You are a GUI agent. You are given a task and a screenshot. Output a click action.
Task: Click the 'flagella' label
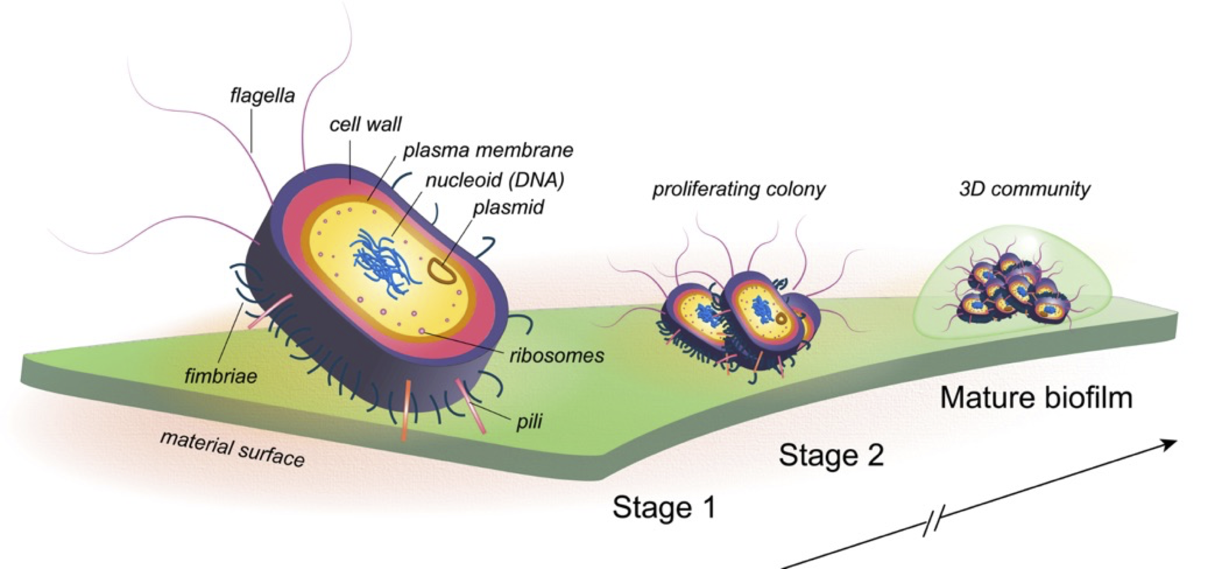point(263,96)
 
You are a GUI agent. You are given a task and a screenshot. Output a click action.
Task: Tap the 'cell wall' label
point(365,124)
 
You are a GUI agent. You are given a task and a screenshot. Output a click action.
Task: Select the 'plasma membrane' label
point(488,150)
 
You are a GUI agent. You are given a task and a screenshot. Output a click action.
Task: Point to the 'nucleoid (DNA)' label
point(495,180)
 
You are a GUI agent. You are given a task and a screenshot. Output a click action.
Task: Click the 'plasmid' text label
point(509,207)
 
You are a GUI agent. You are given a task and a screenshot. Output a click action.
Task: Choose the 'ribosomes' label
point(557,356)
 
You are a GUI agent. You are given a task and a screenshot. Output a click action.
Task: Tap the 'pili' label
point(529,421)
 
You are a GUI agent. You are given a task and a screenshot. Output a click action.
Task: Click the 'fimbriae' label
point(221,376)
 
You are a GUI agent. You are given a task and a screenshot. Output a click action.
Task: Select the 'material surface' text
point(233,448)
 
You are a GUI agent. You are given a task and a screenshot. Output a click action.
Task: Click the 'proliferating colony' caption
point(739,189)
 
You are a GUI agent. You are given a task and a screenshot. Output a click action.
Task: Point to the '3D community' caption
point(1025,189)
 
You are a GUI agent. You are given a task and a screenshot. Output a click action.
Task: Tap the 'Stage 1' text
point(664,507)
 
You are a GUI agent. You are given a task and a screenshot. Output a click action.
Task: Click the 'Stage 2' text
point(831,455)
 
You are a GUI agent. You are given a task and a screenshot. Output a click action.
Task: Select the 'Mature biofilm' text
point(1037,397)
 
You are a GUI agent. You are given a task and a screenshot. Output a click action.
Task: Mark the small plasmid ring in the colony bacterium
point(781,319)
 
